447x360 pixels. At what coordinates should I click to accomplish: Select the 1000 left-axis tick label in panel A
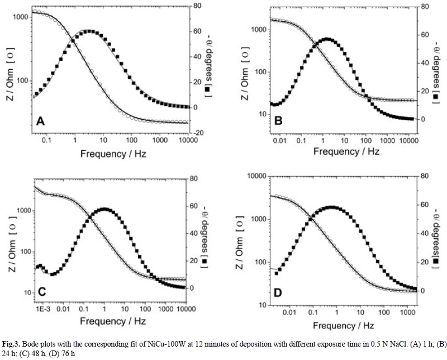pos(20,17)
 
